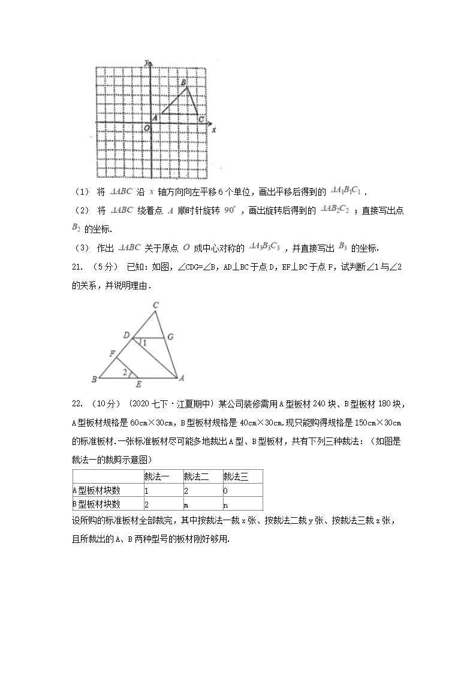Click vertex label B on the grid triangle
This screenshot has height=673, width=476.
[x=183, y=82]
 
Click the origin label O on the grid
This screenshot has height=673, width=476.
[x=146, y=128]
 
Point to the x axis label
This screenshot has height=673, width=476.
[x=213, y=129]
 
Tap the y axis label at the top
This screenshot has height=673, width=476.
[x=147, y=62]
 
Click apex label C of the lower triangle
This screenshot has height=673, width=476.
[x=156, y=306]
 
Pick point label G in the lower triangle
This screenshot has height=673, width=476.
[x=171, y=337]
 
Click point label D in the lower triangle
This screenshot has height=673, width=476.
[x=126, y=336]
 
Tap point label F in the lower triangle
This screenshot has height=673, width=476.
[x=112, y=354]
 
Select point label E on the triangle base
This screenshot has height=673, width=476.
[x=138, y=384]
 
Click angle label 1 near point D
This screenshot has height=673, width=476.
[x=143, y=343]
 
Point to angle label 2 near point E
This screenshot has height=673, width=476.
[x=123, y=373]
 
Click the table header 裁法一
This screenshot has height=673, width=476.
[x=158, y=477]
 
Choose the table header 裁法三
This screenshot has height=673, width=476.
[x=234, y=477]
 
